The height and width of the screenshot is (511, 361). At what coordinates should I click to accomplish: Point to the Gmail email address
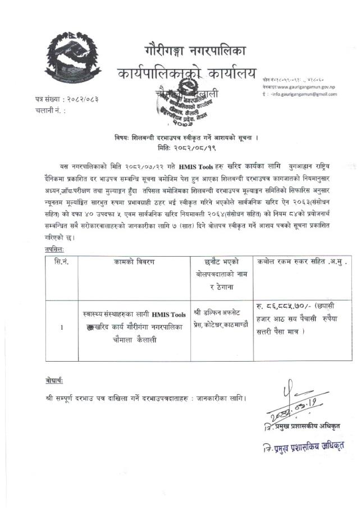(306, 94)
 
